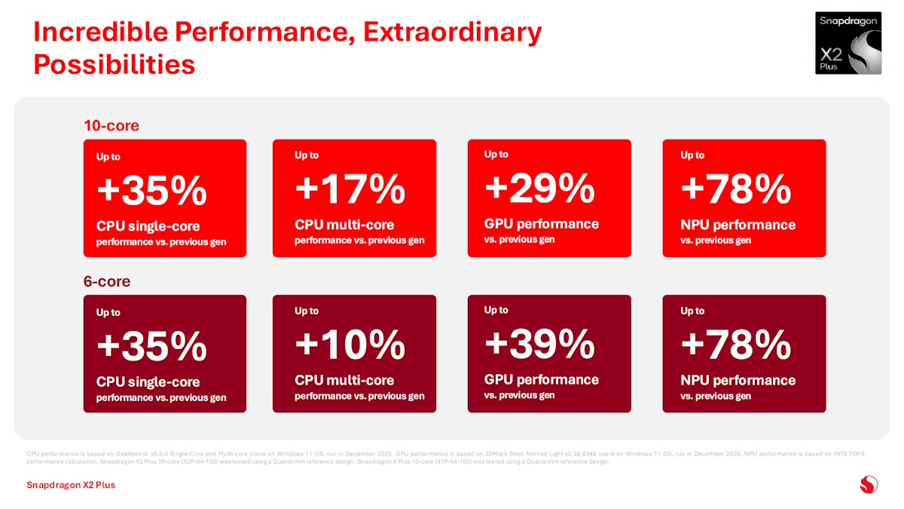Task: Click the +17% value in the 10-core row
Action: (350, 189)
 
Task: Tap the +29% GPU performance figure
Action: (539, 189)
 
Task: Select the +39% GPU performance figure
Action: (539, 345)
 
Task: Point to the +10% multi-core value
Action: (350, 345)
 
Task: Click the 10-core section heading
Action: (111, 125)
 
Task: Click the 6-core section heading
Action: (106, 281)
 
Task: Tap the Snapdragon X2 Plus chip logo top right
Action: (848, 43)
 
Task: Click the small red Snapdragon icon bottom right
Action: (869, 484)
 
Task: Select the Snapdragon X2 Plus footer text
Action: (71, 485)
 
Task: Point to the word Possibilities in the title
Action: (115, 65)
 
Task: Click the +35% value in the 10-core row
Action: (151, 192)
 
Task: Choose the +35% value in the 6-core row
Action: (151, 347)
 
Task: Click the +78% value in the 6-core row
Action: (735, 345)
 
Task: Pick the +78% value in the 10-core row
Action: (735, 189)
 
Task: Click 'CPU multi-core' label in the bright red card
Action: (344, 225)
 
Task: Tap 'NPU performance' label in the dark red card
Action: (738, 380)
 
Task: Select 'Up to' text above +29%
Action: (496, 154)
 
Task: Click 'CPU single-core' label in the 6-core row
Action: (148, 382)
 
